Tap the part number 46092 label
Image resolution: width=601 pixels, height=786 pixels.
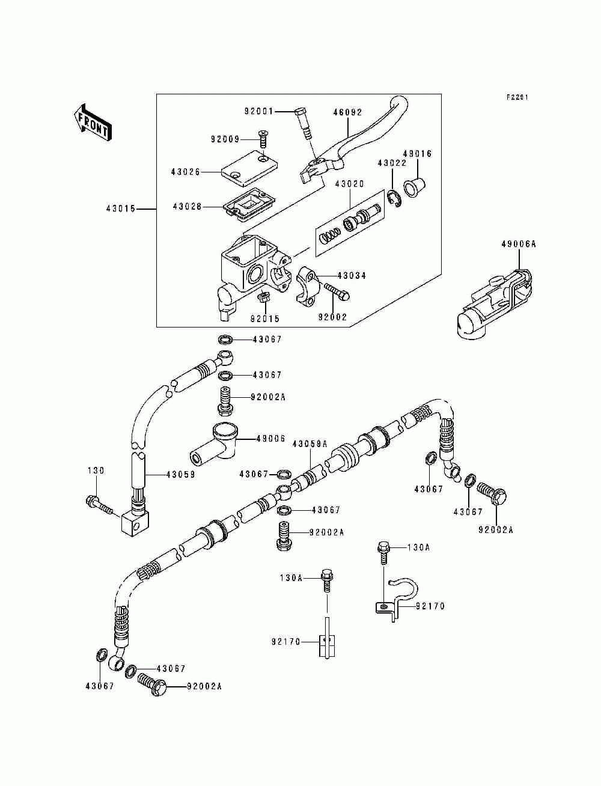click(x=348, y=112)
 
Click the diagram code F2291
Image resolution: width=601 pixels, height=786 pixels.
click(x=516, y=97)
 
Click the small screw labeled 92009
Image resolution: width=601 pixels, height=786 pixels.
click(x=263, y=139)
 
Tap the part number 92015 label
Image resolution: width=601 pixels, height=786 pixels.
click(x=264, y=318)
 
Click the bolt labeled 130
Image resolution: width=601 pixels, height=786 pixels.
click(x=99, y=504)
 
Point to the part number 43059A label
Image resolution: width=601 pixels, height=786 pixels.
click(x=310, y=444)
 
